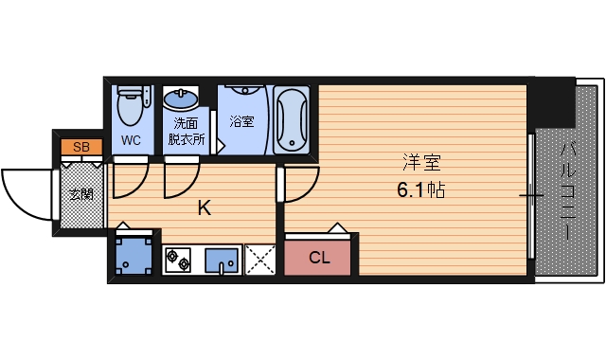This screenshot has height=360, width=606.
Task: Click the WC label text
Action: click(x=131, y=139)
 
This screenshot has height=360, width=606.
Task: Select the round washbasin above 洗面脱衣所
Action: click(x=180, y=99)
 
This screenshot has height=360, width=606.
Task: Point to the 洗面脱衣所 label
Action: click(x=186, y=131)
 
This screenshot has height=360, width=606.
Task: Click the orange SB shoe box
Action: click(x=81, y=147)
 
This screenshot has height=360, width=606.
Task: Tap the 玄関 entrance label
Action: click(x=81, y=194)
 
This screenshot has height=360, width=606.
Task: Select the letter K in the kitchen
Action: click(x=204, y=208)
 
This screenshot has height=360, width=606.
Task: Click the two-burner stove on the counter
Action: click(x=178, y=258)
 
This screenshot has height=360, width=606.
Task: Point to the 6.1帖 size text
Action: click(x=420, y=189)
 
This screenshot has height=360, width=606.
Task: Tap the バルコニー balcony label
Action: click(x=567, y=189)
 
